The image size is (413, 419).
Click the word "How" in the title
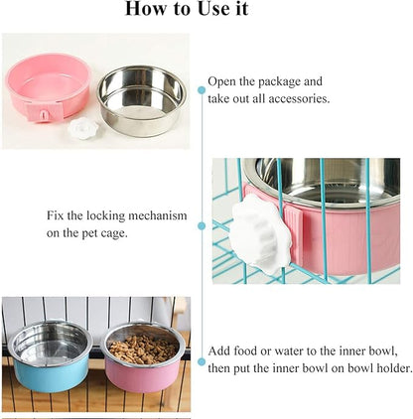click(x=145, y=11)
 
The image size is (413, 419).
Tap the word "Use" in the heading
click(x=215, y=11)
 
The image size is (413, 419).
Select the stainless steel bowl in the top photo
click(x=143, y=97)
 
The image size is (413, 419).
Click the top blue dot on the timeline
click(x=202, y=89)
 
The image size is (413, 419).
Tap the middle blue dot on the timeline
click(x=202, y=225)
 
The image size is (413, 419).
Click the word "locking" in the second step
click(x=114, y=214)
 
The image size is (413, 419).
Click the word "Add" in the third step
click(x=219, y=351)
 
